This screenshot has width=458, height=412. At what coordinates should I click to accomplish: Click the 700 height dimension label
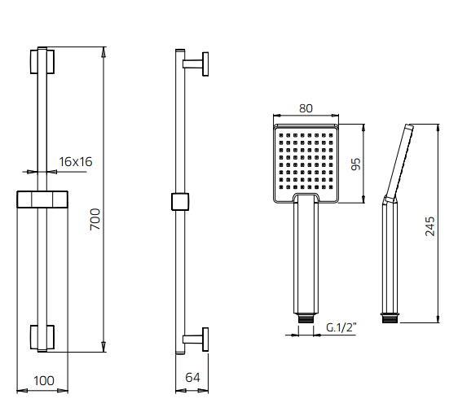click(95, 219)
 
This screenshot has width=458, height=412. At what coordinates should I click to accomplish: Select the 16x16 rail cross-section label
click(76, 162)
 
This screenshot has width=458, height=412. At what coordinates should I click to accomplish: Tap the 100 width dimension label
click(44, 381)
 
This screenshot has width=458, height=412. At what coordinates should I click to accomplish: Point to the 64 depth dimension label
click(192, 378)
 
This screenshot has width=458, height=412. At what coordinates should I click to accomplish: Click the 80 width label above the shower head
click(306, 108)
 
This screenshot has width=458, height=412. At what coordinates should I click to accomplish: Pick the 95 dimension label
click(356, 164)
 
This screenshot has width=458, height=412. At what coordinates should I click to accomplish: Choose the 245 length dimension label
click(429, 226)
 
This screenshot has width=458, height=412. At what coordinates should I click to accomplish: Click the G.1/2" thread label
click(341, 327)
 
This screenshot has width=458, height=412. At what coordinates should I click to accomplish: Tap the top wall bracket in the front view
click(42, 62)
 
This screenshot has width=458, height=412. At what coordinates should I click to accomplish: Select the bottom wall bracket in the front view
click(42, 337)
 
